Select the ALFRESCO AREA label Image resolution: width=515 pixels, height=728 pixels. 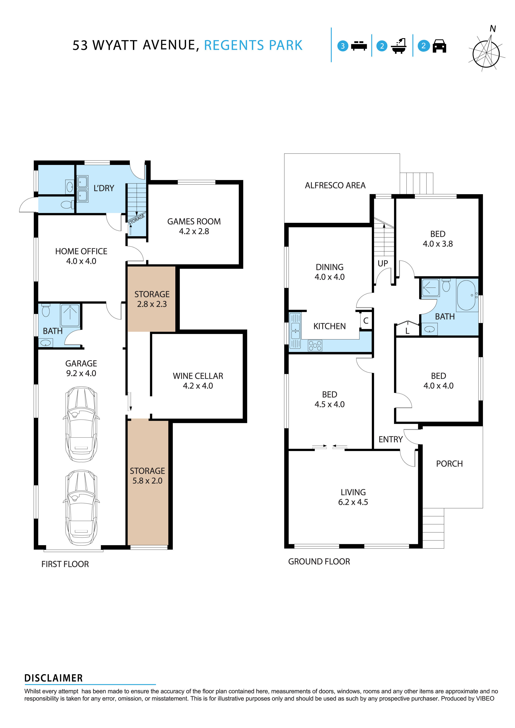point(335,185)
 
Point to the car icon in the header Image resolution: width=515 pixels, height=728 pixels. point(439,46)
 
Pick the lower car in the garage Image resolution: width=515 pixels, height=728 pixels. point(81,507)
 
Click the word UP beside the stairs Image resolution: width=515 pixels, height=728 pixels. point(383,263)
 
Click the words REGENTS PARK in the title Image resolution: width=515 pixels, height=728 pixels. point(253,45)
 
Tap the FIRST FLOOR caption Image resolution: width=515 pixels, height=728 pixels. point(65,564)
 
